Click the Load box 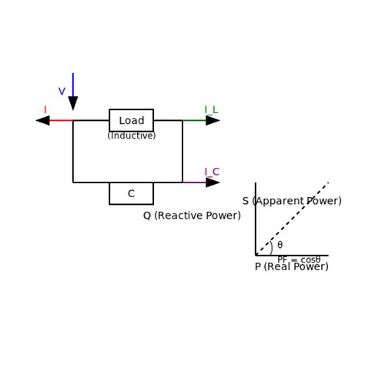[x=131, y=120]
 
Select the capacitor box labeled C [x=131, y=193]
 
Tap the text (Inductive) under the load [x=131, y=136]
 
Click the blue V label [x=62, y=92]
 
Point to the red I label [x=45, y=110]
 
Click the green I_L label [x=211, y=110]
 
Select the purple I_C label [x=211, y=172]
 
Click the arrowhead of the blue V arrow [x=73, y=103]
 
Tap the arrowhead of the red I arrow [x=43, y=120]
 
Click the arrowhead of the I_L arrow [x=213, y=120]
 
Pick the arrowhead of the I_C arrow [x=213, y=182]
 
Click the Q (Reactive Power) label [x=192, y=216]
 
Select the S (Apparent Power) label [x=292, y=201]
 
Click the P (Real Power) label [x=292, y=266]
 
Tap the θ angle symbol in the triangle [x=280, y=246]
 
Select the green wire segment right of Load [x=193, y=120]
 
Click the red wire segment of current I [x=62, y=120]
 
